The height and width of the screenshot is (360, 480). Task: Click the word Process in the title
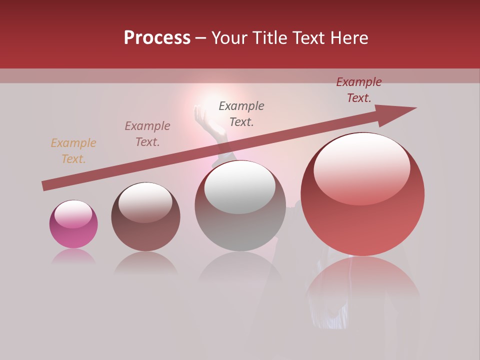click(x=157, y=38)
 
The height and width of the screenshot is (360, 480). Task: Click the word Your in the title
click(x=228, y=38)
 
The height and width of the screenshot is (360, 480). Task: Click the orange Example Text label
click(x=73, y=151)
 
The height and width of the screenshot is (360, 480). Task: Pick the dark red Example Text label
click(x=359, y=90)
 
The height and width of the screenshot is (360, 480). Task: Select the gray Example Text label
click(x=241, y=114)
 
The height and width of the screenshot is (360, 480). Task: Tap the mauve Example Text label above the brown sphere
click(x=147, y=134)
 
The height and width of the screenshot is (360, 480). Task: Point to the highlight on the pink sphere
click(x=73, y=214)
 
